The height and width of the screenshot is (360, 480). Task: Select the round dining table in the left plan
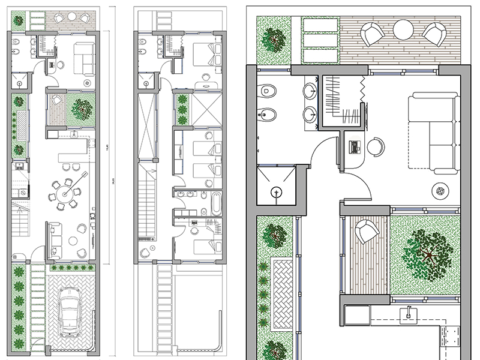[67, 192]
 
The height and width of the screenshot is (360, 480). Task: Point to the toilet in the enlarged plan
[268, 92]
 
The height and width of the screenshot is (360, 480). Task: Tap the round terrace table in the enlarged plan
[403, 29]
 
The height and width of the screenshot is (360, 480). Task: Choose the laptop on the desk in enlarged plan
[355, 145]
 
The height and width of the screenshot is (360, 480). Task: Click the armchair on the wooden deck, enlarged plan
[365, 232]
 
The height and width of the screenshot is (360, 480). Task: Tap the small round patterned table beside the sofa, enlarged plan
[442, 191]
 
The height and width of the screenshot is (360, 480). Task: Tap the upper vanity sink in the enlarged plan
[310, 91]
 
